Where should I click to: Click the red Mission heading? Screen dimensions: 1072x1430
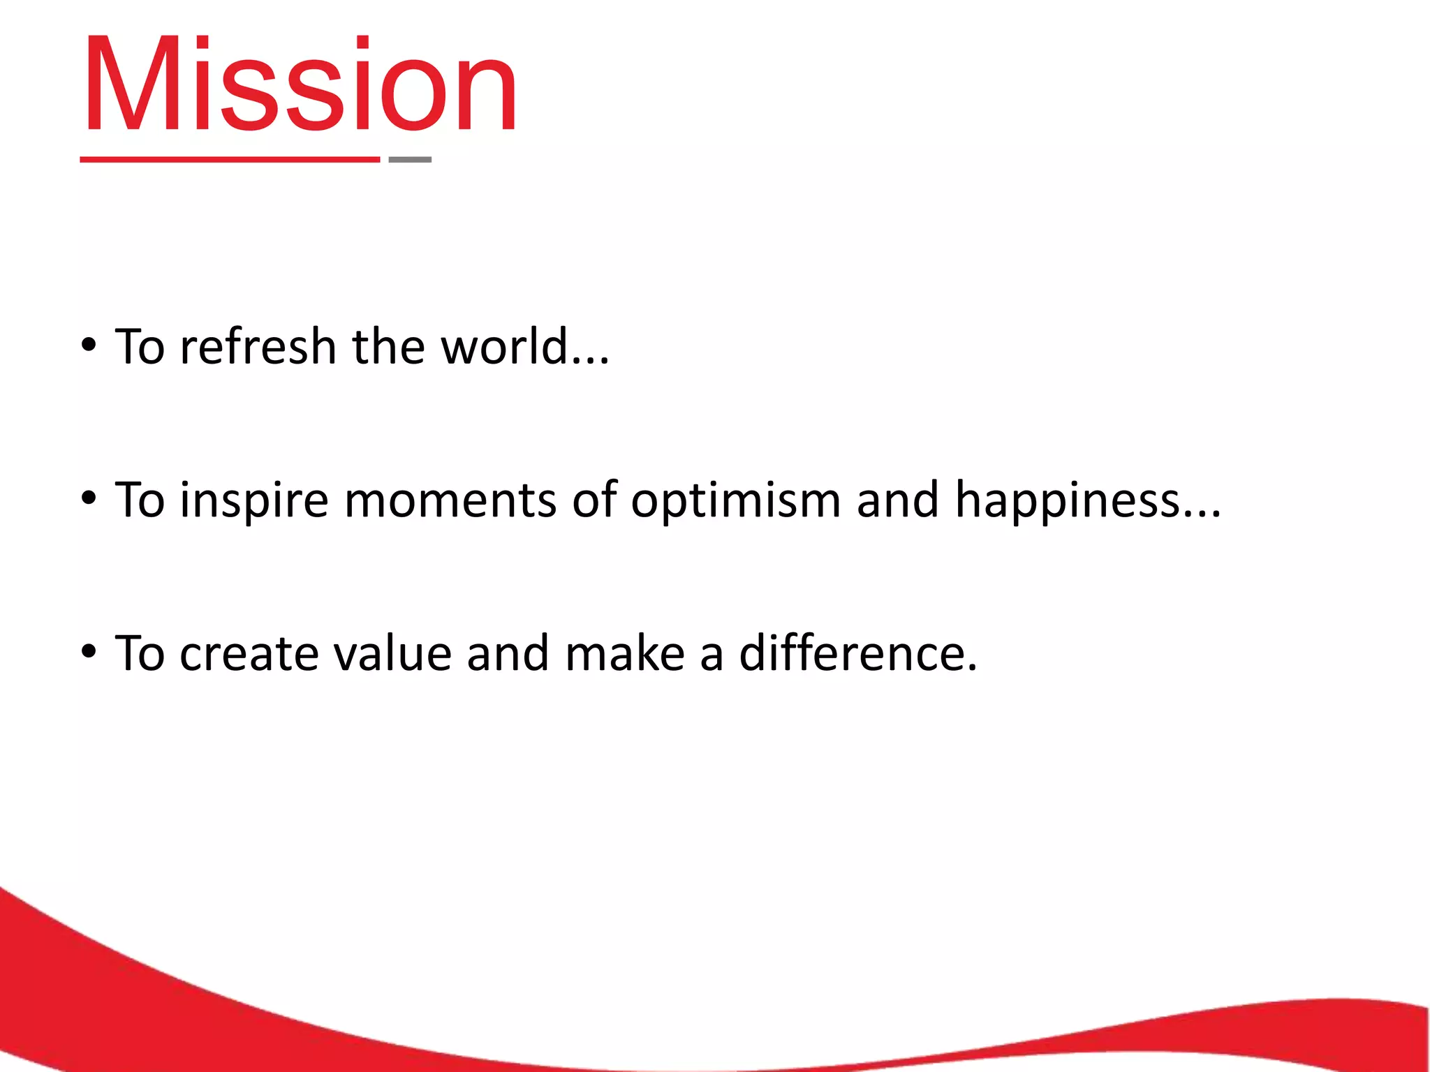tap(300, 85)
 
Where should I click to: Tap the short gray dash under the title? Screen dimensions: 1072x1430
tap(410, 160)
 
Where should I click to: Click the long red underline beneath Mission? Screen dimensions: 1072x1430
tap(230, 160)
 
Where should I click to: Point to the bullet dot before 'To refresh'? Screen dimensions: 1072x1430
tap(89, 345)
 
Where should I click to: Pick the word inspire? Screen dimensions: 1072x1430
tap(253, 501)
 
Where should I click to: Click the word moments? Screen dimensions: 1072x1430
tap(450, 501)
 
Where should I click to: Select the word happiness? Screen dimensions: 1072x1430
tap(1067, 501)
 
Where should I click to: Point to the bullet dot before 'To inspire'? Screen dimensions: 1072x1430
tap(89, 498)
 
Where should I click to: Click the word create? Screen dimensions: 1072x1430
tap(249, 655)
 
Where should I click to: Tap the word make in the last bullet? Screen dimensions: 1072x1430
tap(625, 655)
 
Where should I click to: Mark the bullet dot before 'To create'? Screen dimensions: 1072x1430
tap(89, 652)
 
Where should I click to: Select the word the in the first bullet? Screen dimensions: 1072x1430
tap(388, 347)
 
